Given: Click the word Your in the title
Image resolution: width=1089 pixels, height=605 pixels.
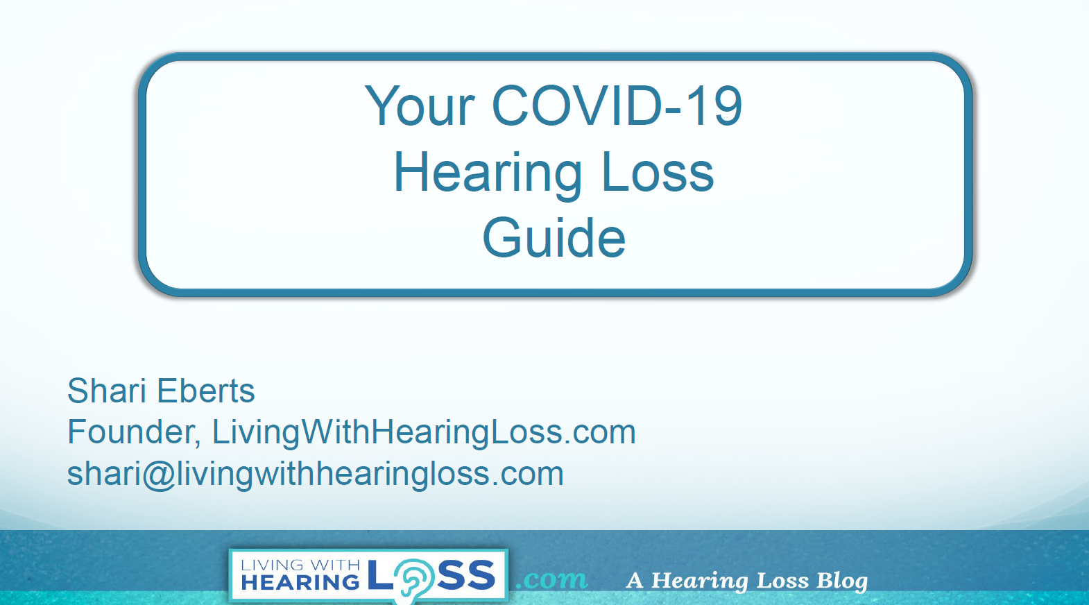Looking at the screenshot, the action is pyautogui.click(x=419, y=106).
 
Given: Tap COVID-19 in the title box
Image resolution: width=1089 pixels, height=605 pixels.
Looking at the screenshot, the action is pyautogui.click(x=617, y=105).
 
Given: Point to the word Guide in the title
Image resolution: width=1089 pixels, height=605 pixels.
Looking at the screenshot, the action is pyautogui.click(x=554, y=237).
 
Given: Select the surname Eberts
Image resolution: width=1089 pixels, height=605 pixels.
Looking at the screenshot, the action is pyautogui.click(x=205, y=391).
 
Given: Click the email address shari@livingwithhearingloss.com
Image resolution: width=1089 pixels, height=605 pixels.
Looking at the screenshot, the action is pyautogui.click(x=315, y=474).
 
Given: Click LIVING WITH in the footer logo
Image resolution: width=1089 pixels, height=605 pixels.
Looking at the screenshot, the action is pyautogui.click(x=300, y=565).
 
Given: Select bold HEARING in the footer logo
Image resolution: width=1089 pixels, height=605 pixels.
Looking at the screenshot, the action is pyautogui.click(x=300, y=582).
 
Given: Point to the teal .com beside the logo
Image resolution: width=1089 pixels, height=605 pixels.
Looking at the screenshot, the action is pyautogui.click(x=551, y=579).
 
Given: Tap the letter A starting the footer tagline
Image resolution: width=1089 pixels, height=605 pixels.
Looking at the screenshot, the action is pyautogui.click(x=635, y=581).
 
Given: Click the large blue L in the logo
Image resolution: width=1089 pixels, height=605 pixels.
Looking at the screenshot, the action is pyautogui.click(x=381, y=575).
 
